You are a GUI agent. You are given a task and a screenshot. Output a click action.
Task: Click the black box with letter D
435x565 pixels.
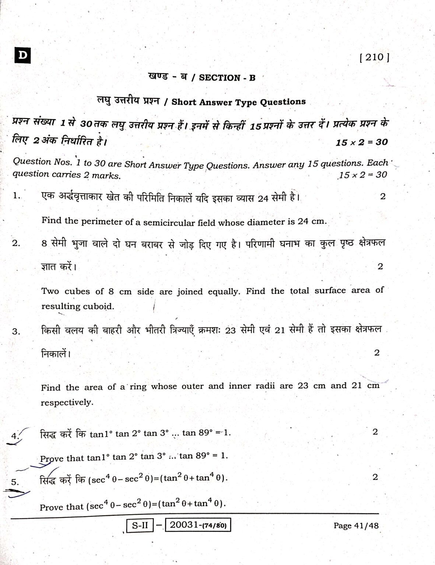[23, 56]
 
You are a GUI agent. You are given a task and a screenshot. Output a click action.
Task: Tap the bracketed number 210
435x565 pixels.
[374, 57]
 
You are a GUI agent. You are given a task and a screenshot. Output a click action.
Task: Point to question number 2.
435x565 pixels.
[16, 243]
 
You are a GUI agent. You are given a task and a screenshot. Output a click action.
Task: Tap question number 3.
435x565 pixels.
[16, 331]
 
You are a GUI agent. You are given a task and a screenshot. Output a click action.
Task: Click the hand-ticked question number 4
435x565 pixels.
[15, 436]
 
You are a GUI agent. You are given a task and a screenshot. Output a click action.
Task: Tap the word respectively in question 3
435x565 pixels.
[67, 402]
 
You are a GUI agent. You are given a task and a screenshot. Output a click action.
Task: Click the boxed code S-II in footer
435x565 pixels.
[140, 525]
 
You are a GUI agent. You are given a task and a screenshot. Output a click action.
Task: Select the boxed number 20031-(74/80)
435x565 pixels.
[198, 525]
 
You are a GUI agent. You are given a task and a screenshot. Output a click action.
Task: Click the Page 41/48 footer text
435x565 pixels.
[356, 525]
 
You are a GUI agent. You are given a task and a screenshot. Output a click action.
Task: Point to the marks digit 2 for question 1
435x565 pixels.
[383, 196]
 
